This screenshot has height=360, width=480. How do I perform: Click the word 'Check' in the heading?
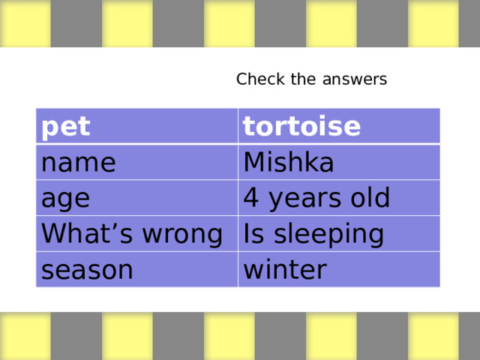[x=256, y=79]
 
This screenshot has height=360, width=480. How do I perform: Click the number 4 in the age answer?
[x=252, y=199]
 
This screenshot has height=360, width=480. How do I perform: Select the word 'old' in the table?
[x=367, y=199]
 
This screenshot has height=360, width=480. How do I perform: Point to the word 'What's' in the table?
[x=81, y=234]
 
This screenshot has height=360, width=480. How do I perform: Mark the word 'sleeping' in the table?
[x=330, y=235]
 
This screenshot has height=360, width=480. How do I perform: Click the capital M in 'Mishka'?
[x=254, y=163]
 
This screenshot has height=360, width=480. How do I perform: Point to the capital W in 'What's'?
[x=52, y=234]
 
